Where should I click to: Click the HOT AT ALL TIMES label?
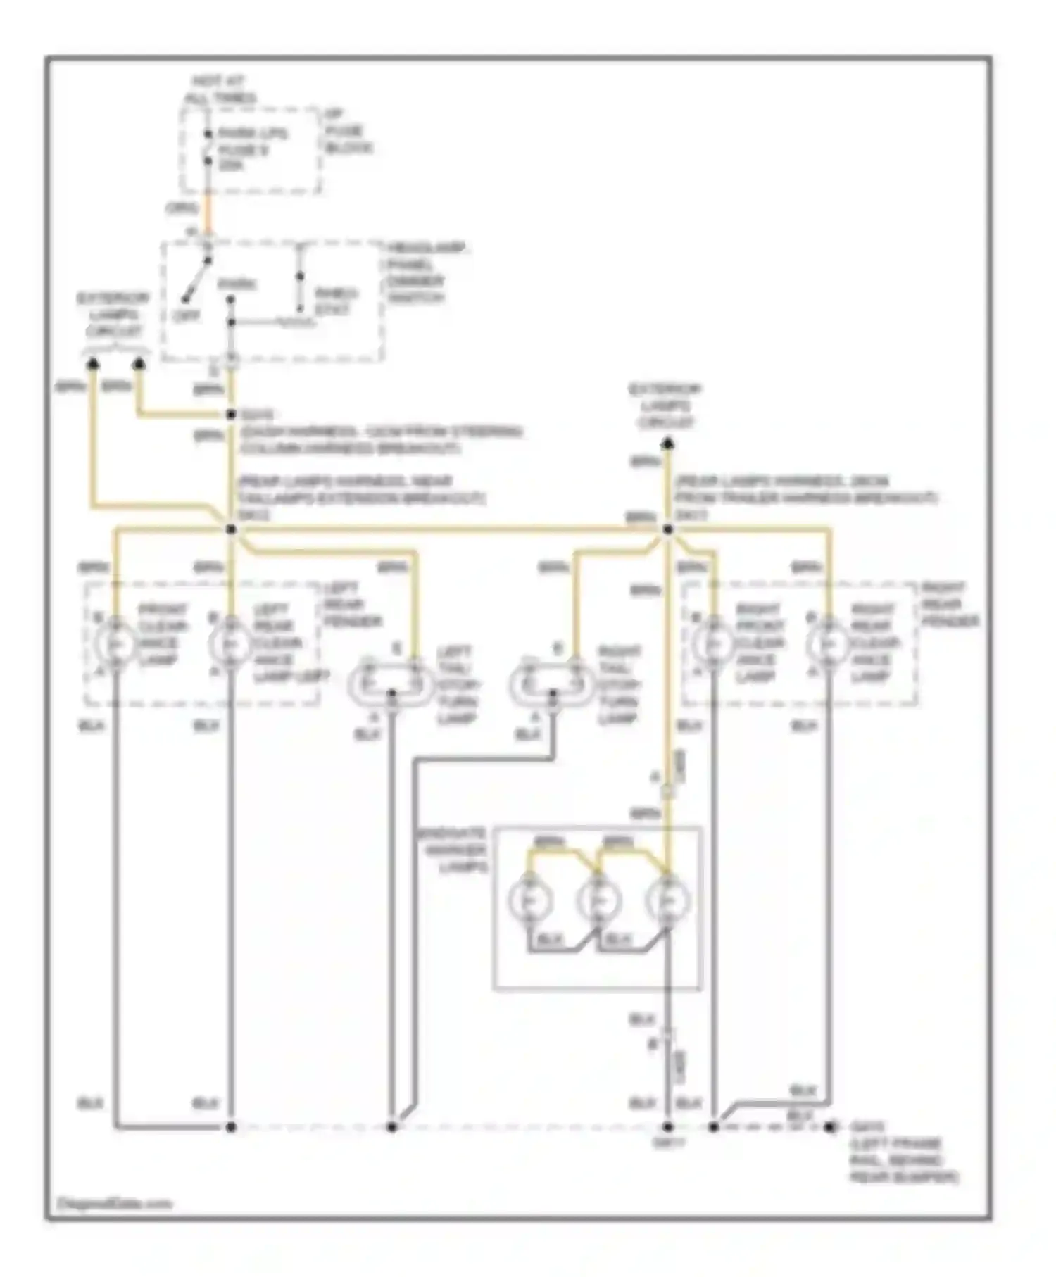click(219, 89)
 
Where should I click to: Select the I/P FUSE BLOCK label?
click(346, 132)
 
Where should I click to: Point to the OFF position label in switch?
click(187, 317)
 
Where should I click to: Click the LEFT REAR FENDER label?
click(351, 605)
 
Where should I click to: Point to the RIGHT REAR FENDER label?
click(950, 605)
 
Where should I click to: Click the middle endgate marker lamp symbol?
click(598, 900)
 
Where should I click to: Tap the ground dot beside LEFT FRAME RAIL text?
click(831, 1127)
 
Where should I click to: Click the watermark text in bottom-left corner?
click(114, 1204)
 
